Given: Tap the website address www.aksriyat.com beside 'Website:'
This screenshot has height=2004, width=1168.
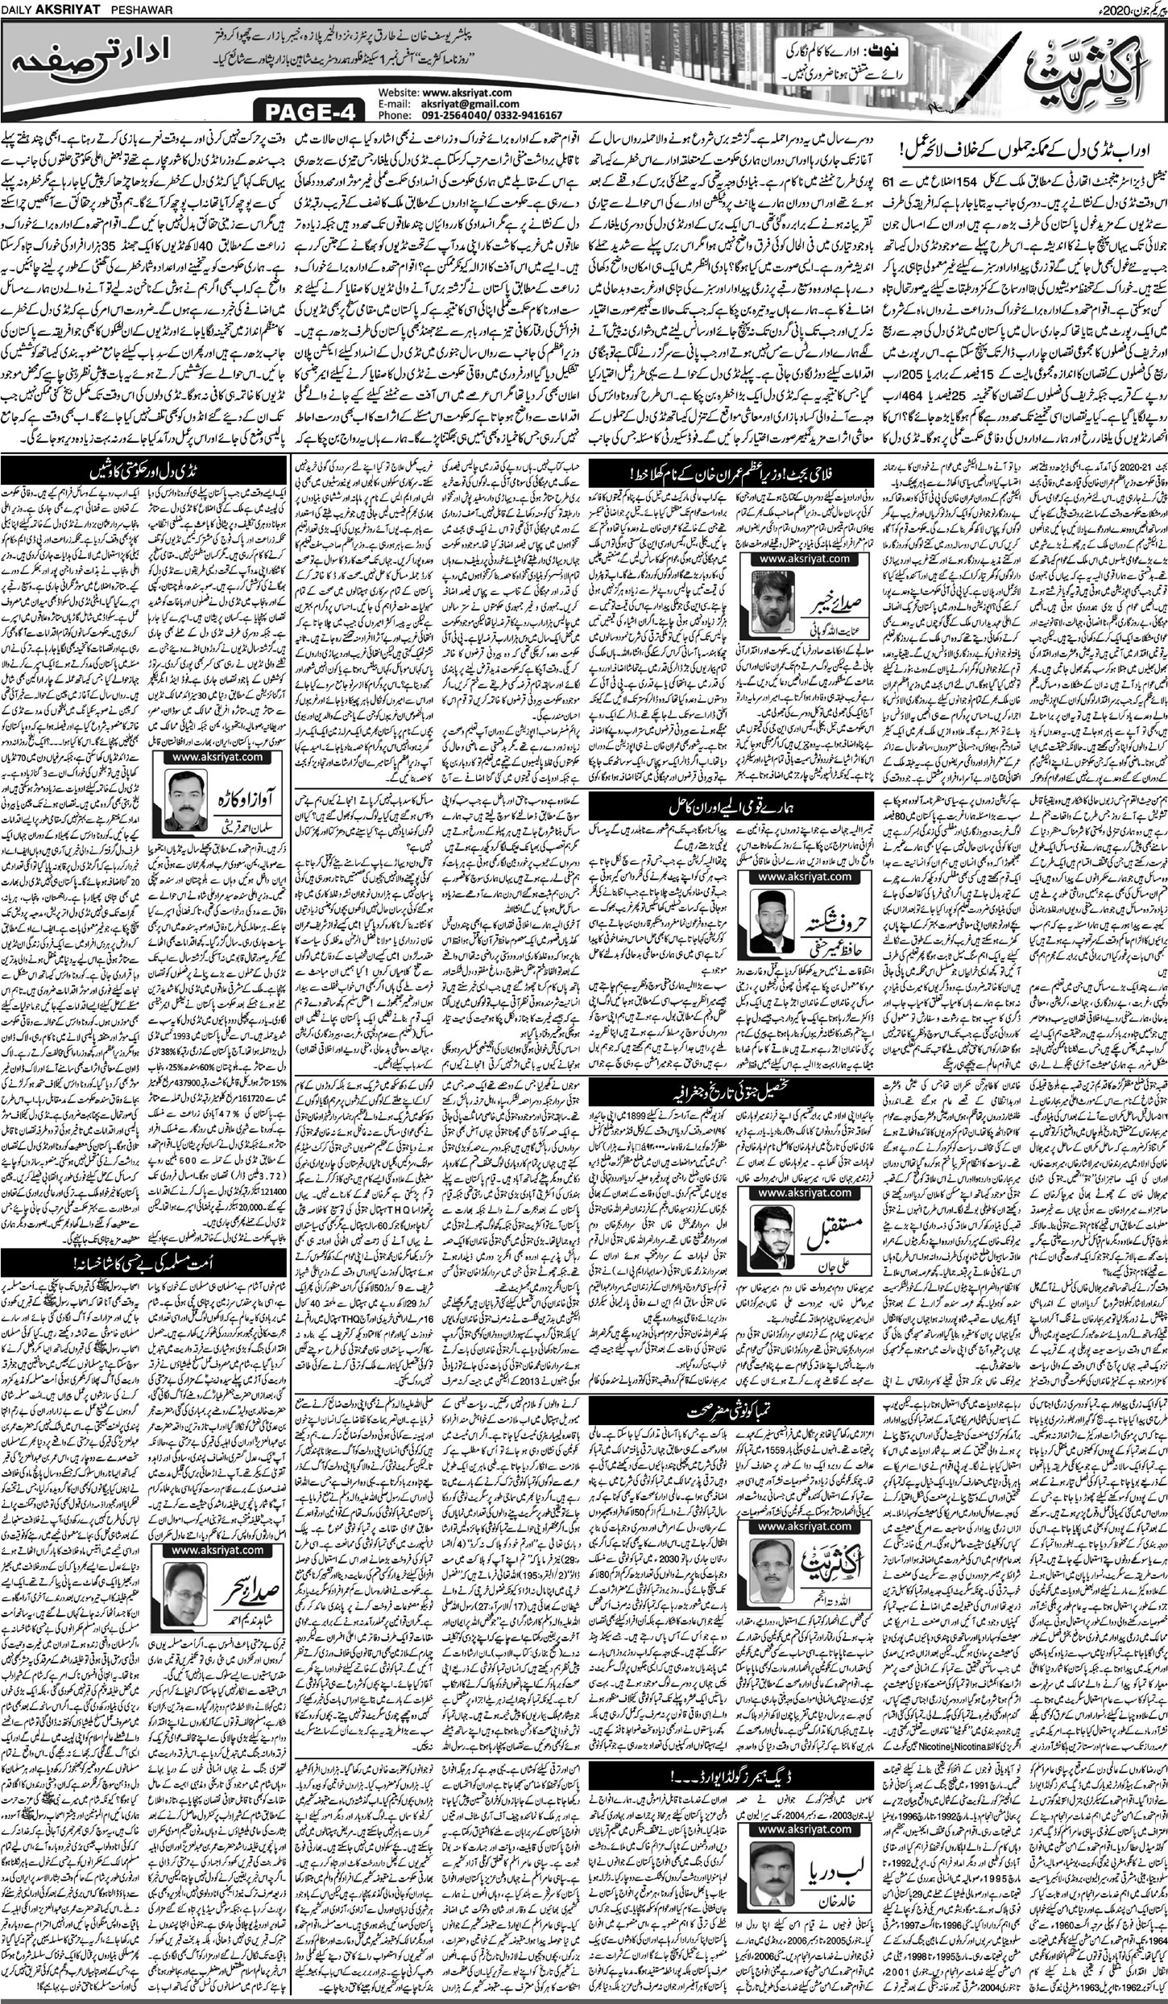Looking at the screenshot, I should click(x=466, y=93).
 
